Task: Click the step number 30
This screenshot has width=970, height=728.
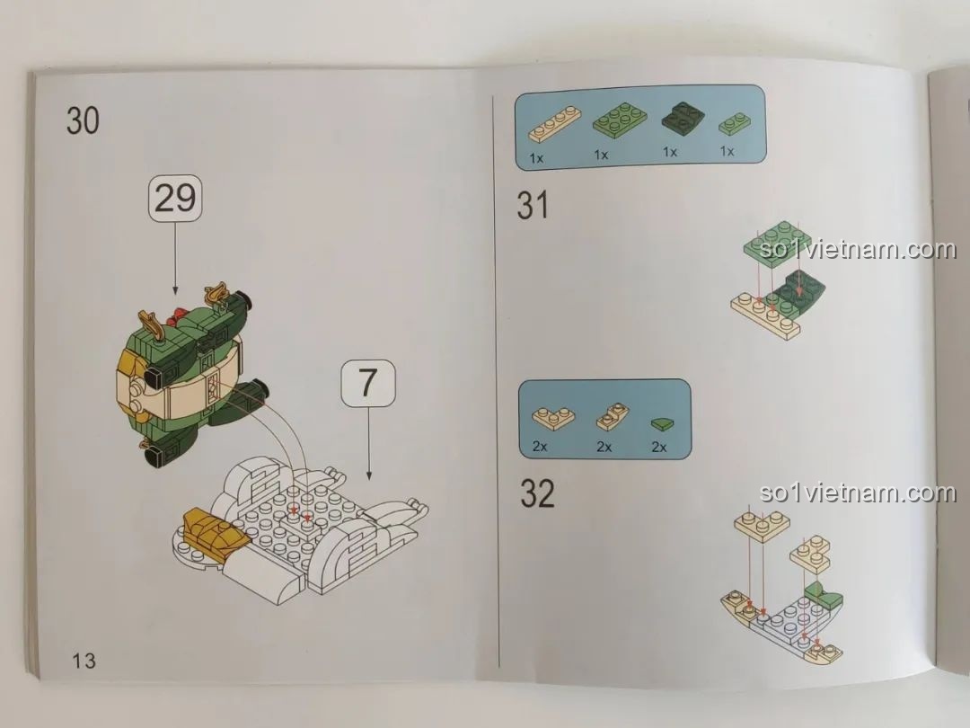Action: point(83,120)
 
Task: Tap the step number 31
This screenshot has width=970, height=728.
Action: point(533,206)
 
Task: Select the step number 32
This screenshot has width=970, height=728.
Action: point(537,493)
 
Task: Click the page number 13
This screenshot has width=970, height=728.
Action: point(84,661)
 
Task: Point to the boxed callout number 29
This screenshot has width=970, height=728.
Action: point(174,198)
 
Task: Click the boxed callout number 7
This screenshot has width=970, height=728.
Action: point(368,384)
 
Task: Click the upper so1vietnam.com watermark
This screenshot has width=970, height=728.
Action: point(858,249)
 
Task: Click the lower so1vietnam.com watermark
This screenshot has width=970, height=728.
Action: point(858,493)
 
